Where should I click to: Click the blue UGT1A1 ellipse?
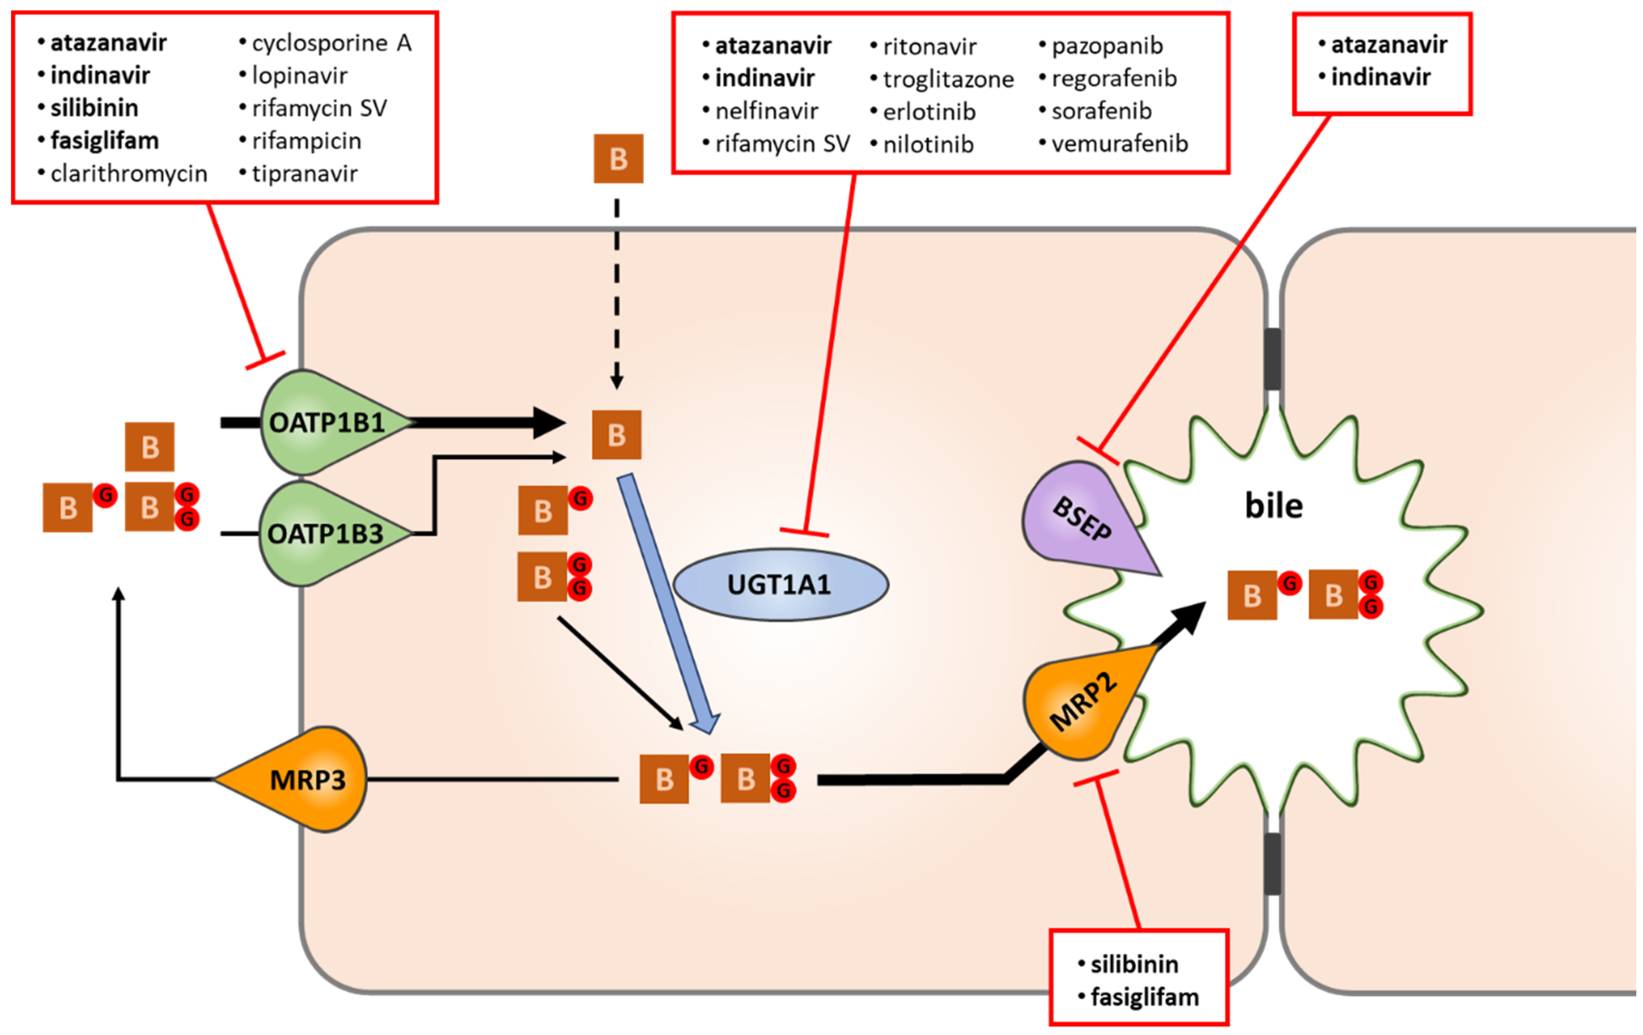pyautogui.click(x=780, y=585)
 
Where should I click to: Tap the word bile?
pyautogui.click(x=1273, y=506)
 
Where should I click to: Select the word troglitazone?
pyautogui.click(x=948, y=79)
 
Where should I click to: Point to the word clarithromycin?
pyautogui.click(x=128, y=174)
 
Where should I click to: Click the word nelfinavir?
pyautogui.click(x=766, y=111)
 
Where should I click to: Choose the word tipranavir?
pyautogui.click(x=304, y=174)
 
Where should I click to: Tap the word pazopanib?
pyautogui.click(x=1107, y=46)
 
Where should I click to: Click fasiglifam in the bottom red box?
pyautogui.click(x=1144, y=998)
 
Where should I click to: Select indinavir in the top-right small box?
pyautogui.click(x=1380, y=77)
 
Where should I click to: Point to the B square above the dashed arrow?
pyautogui.click(x=618, y=159)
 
